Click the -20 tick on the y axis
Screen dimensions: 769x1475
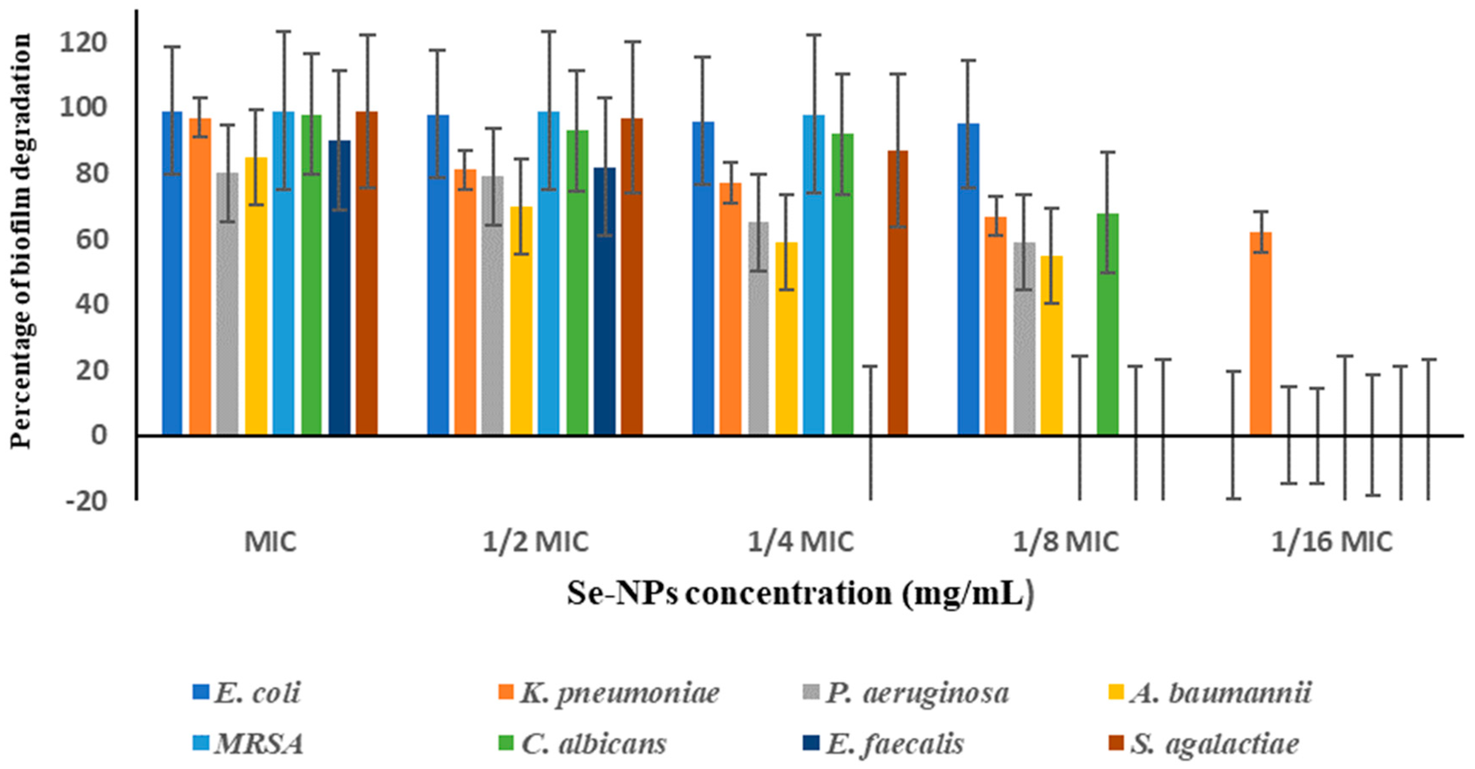(86, 502)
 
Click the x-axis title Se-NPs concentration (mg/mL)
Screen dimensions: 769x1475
(800, 593)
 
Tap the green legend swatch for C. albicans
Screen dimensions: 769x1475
(506, 743)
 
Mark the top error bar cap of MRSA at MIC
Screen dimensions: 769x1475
(283, 31)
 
